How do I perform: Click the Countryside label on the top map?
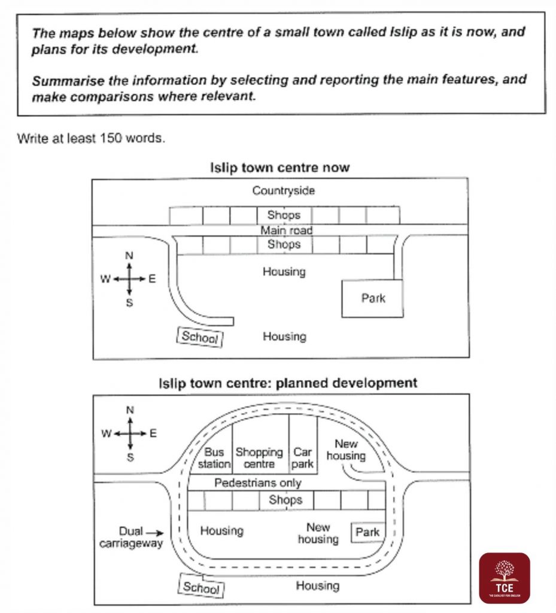pos(283,191)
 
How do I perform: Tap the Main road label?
pos(286,230)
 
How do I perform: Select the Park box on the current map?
pos(373,298)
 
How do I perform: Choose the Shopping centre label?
pos(259,458)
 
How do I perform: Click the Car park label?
pos(303,458)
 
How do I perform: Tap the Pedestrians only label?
pos(258,482)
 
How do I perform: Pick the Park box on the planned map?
pos(367,532)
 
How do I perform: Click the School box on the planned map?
pos(202,587)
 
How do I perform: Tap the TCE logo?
pos(504,578)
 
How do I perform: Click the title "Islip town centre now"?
pos(279,168)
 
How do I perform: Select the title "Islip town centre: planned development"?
pos(287,383)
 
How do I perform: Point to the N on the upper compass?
pos(129,256)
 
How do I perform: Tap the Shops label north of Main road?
pos(284,214)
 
